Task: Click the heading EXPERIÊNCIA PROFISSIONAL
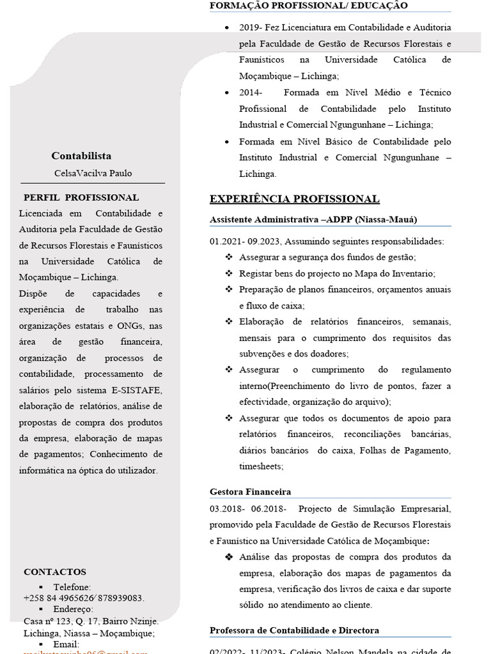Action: (x=294, y=199)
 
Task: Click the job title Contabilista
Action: (x=81, y=156)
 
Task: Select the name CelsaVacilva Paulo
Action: (x=93, y=173)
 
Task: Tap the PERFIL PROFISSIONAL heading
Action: (x=81, y=197)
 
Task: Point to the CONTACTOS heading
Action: (x=55, y=572)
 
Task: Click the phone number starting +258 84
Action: (x=83, y=598)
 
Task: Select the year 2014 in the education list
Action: (x=247, y=92)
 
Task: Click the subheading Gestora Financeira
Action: (x=250, y=491)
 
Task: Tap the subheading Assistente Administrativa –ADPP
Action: (x=313, y=219)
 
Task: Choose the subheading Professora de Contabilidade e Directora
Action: (x=294, y=630)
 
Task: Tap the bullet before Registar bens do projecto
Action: (x=229, y=273)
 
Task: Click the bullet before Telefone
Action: (x=41, y=587)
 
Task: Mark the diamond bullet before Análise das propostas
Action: (x=229, y=557)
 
